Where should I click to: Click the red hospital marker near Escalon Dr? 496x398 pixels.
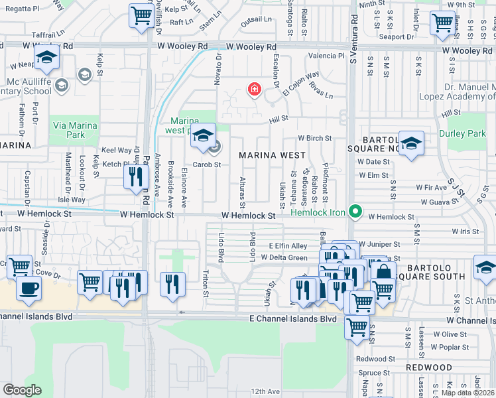[x=253, y=89]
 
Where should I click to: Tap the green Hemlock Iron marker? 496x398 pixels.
[x=355, y=212]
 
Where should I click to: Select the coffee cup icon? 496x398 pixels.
[x=28, y=288]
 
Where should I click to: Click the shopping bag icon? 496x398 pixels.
[x=383, y=271]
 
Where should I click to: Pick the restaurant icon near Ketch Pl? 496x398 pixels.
[x=135, y=176]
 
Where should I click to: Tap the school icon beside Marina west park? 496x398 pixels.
[x=204, y=135]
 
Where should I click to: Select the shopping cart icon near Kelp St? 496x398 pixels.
[x=141, y=15]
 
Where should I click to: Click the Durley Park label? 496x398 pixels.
[x=467, y=133]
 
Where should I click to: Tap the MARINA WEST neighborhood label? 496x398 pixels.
[x=273, y=155]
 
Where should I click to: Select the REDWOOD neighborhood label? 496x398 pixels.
[x=411, y=367]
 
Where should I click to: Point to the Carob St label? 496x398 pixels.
[x=206, y=165]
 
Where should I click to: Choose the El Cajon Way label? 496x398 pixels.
[x=300, y=84]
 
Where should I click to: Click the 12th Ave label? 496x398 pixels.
[x=265, y=392]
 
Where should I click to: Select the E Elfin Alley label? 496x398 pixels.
[x=288, y=245]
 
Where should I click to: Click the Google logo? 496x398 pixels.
[x=21, y=390]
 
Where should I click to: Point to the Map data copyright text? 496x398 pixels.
[x=467, y=393]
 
